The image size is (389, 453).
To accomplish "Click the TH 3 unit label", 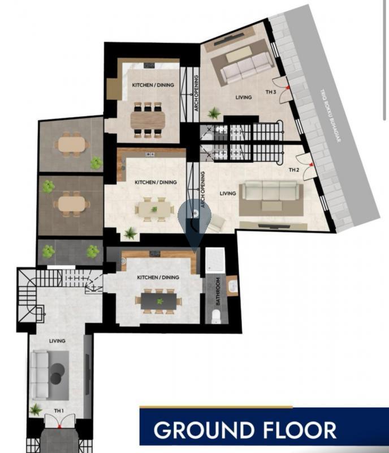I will tap(271, 92).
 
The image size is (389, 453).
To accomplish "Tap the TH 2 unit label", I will tap(293, 170).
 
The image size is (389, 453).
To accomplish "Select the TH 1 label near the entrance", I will tap(59, 410).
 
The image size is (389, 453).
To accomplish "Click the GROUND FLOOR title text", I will tap(245, 430).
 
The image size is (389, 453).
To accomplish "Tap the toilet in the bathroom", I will tap(215, 316).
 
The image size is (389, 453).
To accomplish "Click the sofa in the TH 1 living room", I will tap(40, 374).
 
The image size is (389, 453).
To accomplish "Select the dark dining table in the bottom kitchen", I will tap(159, 300).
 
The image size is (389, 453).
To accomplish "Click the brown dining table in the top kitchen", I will tap(148, 119).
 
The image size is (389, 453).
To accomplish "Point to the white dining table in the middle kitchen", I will tap(154, 210).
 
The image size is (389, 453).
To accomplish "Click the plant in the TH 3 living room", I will tap(214, 113).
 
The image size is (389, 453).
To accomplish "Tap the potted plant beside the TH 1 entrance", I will tap(36, 409).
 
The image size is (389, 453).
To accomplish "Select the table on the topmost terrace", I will tap(72, 145).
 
